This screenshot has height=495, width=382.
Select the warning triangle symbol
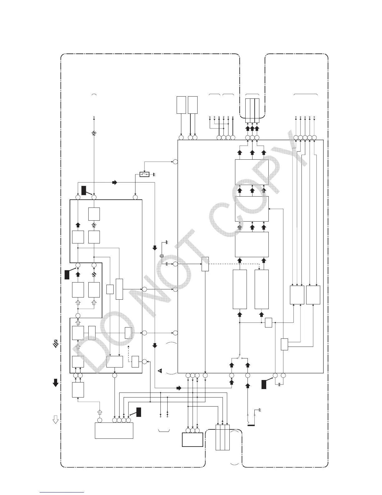click(x=160, y=371)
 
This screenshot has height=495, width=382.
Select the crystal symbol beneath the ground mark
click(x=162, y=256)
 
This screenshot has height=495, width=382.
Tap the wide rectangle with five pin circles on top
click(x=114, y=431)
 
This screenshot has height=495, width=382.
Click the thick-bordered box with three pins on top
click(x=192, y=439)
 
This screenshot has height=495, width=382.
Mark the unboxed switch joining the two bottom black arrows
click(x=239, y=357)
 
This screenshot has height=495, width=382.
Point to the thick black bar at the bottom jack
click(x=252, y=425)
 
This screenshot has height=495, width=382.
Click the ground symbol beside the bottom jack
click(x=260, y=410)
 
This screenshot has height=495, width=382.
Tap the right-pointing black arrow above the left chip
click(x=115, y=182)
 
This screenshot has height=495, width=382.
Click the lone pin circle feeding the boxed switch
click(x=175, y=162)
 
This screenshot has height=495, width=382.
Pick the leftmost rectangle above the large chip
click(x=181, y=105)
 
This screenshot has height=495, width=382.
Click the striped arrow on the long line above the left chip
click(x=94, y=133)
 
